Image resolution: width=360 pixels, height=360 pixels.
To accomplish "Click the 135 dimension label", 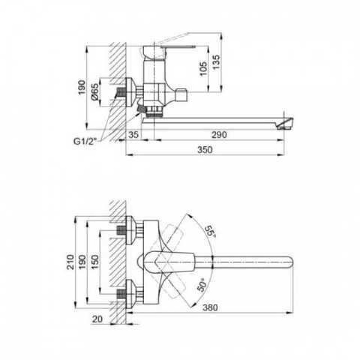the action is pyautogui.click(x=216, y=62).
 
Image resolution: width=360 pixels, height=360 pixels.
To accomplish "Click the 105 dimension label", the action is pyautogui.click(x=204, y=69).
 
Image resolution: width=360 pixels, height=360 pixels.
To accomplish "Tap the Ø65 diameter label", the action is pyautogui.click(x=95, y=92).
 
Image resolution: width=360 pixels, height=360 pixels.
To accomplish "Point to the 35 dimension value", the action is pyautogui.click(x=133, y=135).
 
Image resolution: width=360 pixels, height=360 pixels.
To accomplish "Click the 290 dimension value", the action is pyautogui.click(x=219, y=135).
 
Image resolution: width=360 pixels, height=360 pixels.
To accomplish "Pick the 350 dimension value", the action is pyautogui.click(x=205, y=150).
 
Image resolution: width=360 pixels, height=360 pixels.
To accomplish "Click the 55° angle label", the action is pyautogui.click(x=210, y=231).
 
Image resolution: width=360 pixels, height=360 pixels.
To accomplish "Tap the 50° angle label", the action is pyautogui.click(x=202, y=285).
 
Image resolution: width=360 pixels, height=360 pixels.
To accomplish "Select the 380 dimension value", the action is pyautogui.click(x=210, y=307).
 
